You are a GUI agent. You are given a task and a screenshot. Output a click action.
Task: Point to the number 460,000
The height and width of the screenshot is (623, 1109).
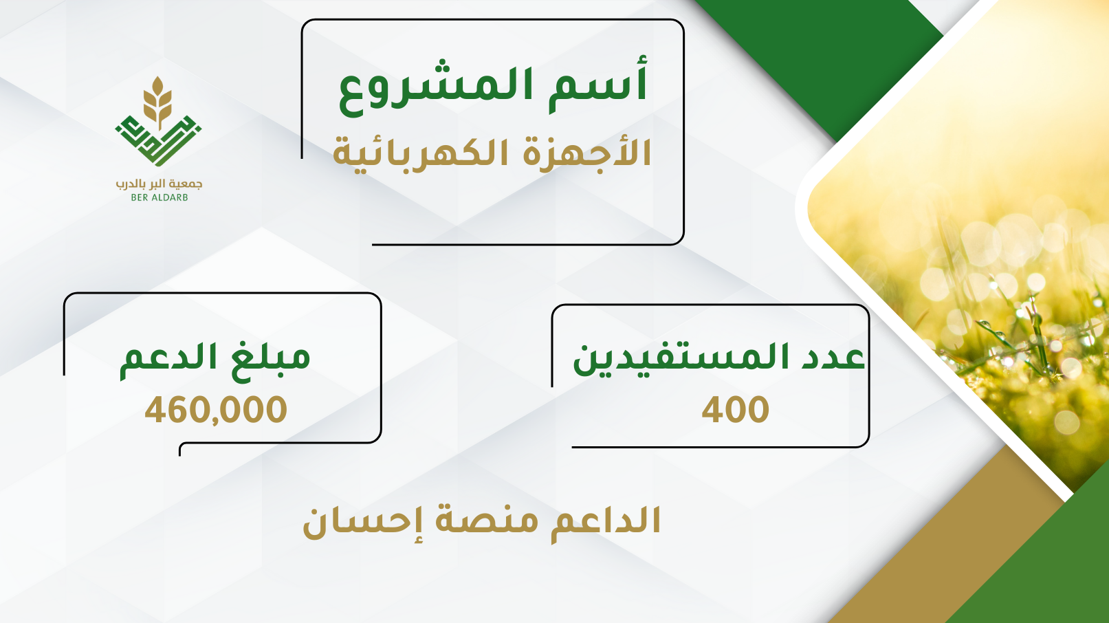[x=216, y=410]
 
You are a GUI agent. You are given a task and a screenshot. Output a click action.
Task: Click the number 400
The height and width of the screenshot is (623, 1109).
[x=735, y=410]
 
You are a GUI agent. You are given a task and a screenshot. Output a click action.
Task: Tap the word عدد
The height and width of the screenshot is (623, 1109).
[x=836, y=358]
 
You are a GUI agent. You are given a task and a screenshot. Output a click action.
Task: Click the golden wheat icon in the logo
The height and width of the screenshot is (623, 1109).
[x=158, y=102]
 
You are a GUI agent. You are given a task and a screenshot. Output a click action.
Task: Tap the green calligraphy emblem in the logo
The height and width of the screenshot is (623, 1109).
[x=158, y=141]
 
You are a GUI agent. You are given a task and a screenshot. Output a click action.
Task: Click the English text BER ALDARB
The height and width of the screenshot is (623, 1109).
[x=160, y=197]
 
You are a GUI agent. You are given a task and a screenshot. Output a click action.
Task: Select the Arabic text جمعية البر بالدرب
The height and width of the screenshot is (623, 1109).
[x=159, y=184]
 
